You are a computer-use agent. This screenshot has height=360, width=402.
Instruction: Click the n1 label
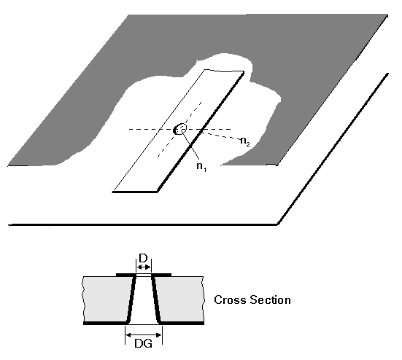pos(201,166)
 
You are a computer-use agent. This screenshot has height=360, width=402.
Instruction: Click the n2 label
pos(245,141)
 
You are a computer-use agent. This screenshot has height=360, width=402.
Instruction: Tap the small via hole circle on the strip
pos(180,129)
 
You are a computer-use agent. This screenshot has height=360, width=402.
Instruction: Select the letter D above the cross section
pos(143,258)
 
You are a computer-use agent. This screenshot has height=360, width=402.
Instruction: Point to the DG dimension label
pos(143,344)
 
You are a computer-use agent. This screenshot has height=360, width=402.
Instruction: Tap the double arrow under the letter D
pos(144,267)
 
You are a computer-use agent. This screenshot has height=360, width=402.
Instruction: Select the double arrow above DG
pos(144,334)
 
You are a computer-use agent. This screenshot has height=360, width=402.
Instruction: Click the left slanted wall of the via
pos(131,299)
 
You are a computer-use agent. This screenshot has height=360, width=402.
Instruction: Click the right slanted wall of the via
pos(156,299)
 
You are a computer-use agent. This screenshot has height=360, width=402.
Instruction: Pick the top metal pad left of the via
pos(126,275)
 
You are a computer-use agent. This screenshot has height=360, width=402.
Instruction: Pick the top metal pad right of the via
pos(161,275)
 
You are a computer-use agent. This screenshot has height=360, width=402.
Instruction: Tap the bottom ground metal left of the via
pos(106,323)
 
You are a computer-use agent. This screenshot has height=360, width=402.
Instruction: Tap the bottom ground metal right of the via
pos(182,323)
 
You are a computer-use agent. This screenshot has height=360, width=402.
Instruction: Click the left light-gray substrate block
pos(107,299)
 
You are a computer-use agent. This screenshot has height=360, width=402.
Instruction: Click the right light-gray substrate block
pos(179,299)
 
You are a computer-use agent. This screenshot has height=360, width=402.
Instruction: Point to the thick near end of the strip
pos(135,192)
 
